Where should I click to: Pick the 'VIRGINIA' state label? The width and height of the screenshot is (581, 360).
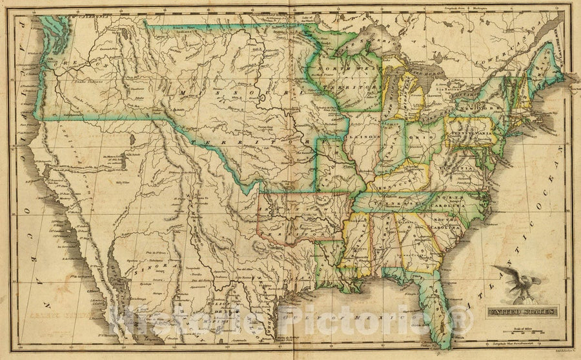(x=460, y=165)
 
